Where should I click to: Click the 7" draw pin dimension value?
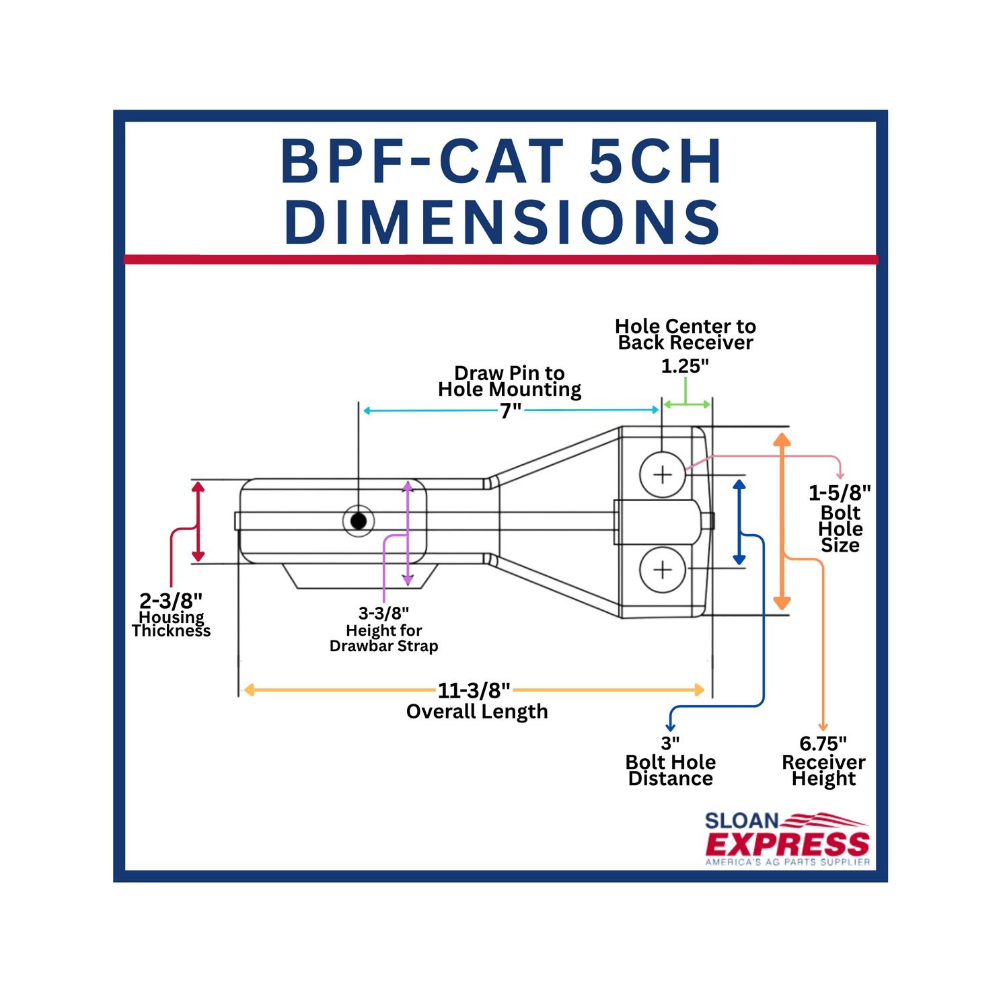(x=511, y=410)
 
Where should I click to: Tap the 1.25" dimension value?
(x=685, y=367)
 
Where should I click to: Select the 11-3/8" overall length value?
(x=474, y=690)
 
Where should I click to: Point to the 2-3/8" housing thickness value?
(x=171, y=600)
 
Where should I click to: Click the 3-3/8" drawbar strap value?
(x=383, y=613)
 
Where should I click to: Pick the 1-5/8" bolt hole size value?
(x=840, y=493)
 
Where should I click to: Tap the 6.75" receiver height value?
(x=823, y=743)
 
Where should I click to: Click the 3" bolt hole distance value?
(x=670, y=743)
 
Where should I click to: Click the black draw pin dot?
(x=359, y=521)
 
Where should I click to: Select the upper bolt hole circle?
(x=663, y=475)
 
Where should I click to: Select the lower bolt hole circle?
(x=663, y=570)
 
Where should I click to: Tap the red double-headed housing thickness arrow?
(x=198, y=521)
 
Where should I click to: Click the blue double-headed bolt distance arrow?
(x=739, y=521)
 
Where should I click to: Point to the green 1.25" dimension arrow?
(x=686, y=404)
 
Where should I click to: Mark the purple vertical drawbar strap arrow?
(x=407, y=533)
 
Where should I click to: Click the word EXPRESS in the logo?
(x=787, y=844)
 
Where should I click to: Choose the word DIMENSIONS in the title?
(x=502, y=222)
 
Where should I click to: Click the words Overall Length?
(x=477, y=712)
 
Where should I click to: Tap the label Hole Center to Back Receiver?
(x=685, y=334)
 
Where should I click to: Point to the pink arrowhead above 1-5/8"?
(x=840, y=476)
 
